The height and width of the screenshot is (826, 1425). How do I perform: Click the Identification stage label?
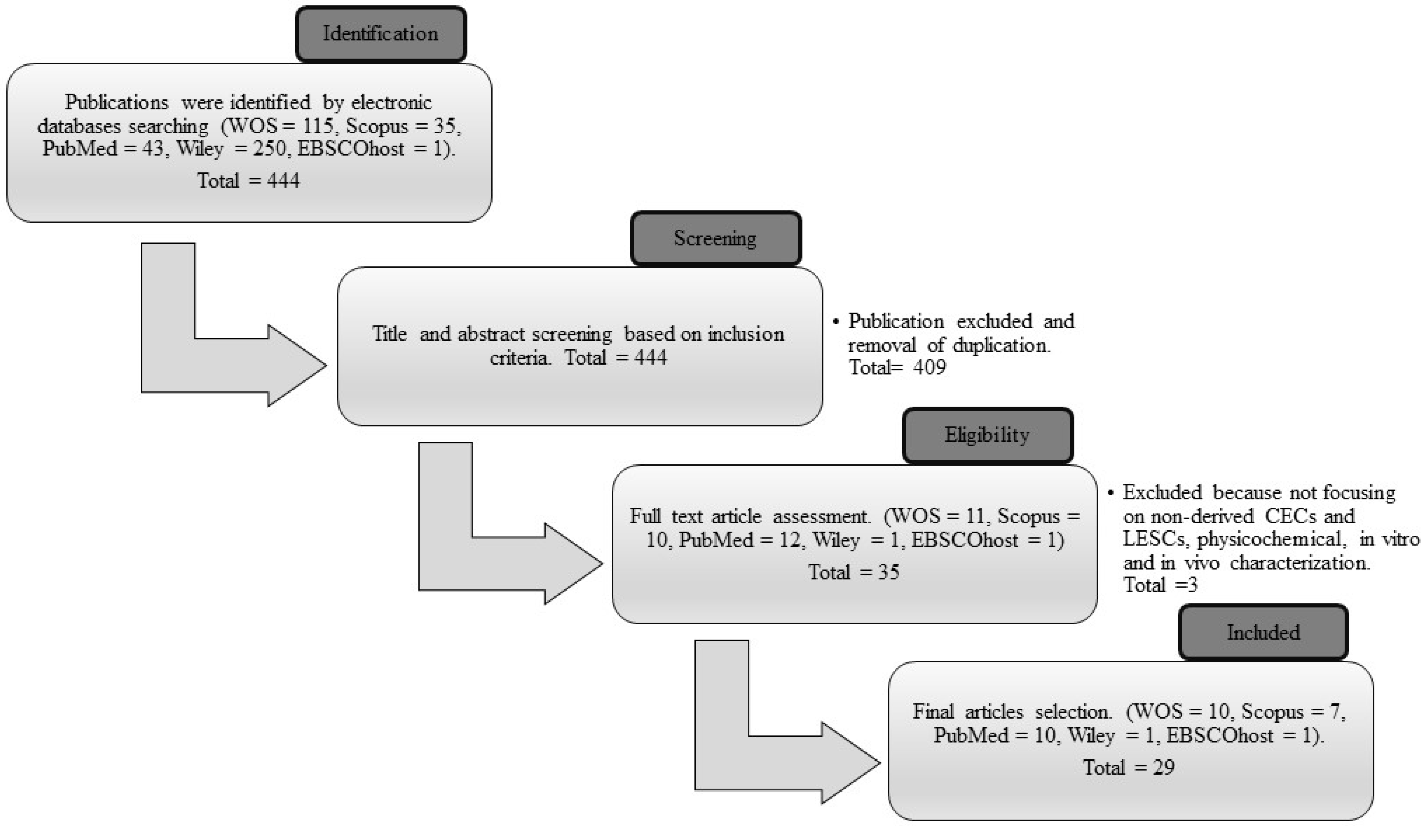point(380,34)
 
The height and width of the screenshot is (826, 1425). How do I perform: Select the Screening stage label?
point(715,238)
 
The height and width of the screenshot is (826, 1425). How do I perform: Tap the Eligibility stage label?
point(987,435)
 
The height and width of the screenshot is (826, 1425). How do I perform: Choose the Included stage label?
point(1263,632)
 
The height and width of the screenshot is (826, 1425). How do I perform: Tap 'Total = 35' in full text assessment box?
point(854,572)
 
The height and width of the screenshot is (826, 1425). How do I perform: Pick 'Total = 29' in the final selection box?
point(1129,768)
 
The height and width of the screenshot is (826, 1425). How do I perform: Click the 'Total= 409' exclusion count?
point(897,368)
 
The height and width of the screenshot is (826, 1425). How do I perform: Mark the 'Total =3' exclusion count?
point(1160,585)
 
